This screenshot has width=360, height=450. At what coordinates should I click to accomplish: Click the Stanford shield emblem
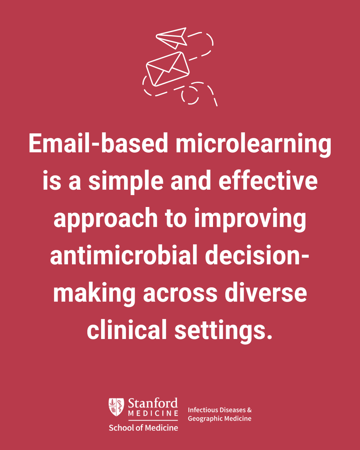pos(116,407)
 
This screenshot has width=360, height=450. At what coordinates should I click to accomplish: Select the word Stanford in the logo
pos(153,403)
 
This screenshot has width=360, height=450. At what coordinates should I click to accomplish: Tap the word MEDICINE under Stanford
pos(153,413)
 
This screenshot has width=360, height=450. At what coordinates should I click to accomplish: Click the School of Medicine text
pos(143,427)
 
